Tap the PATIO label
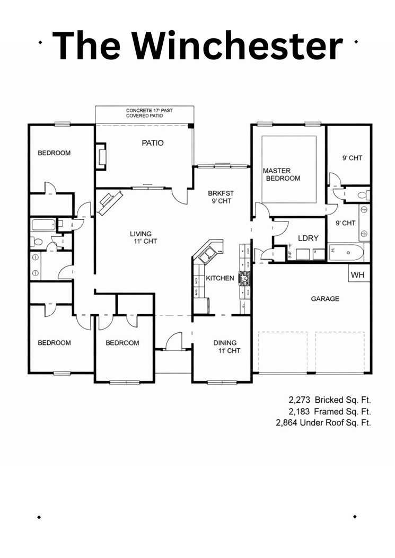[x=153, y=143]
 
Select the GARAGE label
[x=325, y=299]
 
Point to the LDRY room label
[x=308, y=238]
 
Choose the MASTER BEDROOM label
[x=282, y=174]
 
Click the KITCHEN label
[x=220, y=278]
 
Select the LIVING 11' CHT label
[x=141, y=237]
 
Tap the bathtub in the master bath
[x=346, y=253]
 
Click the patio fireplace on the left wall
[x=101, y=156]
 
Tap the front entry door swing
[x=174, y=341]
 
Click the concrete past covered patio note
[x=149, y=113]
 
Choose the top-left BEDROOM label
[x=54, y=153]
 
